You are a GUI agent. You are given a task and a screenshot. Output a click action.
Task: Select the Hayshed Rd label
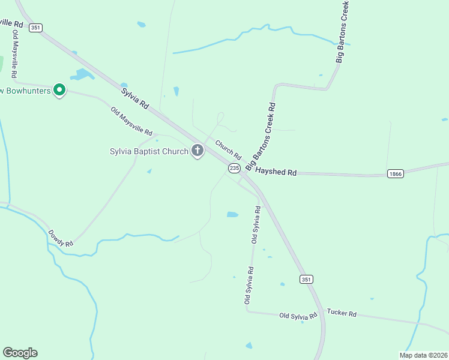tap(276, 172)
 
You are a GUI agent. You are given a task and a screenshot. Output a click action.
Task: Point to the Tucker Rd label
tap(342, 313)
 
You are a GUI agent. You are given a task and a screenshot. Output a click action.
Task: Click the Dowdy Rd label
tap(60, 238)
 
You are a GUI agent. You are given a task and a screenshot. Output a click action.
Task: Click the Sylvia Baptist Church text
tap(149, 151)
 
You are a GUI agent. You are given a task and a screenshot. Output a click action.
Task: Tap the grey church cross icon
tap(197, 151)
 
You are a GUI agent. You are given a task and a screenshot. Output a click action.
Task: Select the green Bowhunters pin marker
tap(59, 90)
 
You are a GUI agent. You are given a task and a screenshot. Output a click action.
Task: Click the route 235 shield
tap(234, 169)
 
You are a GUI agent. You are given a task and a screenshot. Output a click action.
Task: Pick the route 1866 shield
tap(395, 174)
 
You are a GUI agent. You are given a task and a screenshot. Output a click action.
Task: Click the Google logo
tap(20, 353)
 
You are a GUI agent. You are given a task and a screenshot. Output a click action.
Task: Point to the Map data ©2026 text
tap(423, 355)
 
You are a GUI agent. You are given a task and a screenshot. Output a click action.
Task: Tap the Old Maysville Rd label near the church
tap(131, 121)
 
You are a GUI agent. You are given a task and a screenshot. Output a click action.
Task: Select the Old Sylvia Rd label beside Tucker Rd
tap(298, 316)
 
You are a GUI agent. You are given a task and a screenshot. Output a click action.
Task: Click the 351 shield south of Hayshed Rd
tap(306, 280)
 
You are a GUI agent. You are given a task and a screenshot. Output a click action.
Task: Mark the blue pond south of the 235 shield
tap(232, 214)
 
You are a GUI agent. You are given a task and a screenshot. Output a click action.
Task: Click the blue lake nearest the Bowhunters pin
tap(82, 75)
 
